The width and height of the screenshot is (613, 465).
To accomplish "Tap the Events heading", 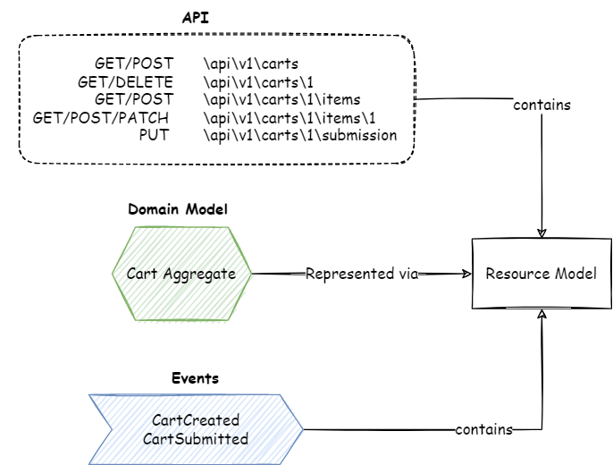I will [195, 378].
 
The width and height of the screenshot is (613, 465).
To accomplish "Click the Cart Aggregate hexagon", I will [181, 274].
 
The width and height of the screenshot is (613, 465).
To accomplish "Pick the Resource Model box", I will [541, 274].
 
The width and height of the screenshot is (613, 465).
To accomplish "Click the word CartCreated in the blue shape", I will [195, 420].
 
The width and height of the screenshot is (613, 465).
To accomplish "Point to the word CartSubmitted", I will [195, 438].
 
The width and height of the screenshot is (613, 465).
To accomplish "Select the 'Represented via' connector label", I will [362, 274].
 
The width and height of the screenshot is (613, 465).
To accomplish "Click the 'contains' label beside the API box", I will [542, 105].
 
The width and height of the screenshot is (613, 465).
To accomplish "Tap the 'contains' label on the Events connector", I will [483, 430].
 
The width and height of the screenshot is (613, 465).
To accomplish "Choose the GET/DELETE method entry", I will [125, 81].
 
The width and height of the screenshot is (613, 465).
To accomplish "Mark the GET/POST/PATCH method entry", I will [101, 117].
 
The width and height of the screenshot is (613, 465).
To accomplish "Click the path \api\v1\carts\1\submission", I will [299, 135].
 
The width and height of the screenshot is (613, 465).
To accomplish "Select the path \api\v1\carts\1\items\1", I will [290, 117].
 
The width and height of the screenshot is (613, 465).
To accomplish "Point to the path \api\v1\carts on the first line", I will [250, 63].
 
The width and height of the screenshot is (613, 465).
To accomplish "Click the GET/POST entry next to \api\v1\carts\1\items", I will [134, 99].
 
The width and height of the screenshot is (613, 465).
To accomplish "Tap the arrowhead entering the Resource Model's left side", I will [466, 274].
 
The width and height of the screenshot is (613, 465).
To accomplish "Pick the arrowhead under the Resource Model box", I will [542, 315].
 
